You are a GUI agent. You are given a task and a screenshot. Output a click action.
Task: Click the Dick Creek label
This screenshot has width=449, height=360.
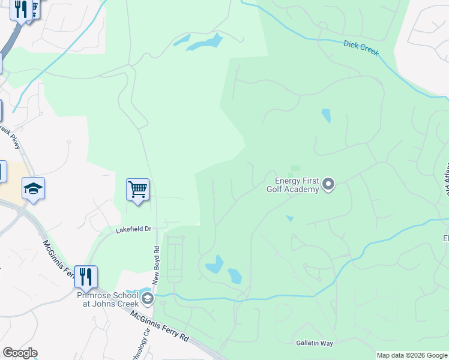361,48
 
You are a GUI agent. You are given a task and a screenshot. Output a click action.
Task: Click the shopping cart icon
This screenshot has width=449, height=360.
137,190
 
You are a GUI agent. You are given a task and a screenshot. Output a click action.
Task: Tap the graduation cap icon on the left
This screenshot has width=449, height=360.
34,189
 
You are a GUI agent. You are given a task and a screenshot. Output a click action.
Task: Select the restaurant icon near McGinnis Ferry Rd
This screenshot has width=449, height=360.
86,277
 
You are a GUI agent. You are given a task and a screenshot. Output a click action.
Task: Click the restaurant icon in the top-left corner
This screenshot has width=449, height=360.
22,10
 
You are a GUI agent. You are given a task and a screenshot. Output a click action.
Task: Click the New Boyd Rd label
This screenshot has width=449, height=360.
156,264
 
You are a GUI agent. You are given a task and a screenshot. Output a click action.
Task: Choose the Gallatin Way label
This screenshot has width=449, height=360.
314,343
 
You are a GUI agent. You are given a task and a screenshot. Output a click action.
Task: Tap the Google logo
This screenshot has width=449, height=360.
20,353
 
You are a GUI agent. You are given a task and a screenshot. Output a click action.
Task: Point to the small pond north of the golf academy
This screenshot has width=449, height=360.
326,115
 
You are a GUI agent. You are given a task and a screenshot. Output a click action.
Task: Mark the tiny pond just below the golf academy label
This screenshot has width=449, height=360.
289,218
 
